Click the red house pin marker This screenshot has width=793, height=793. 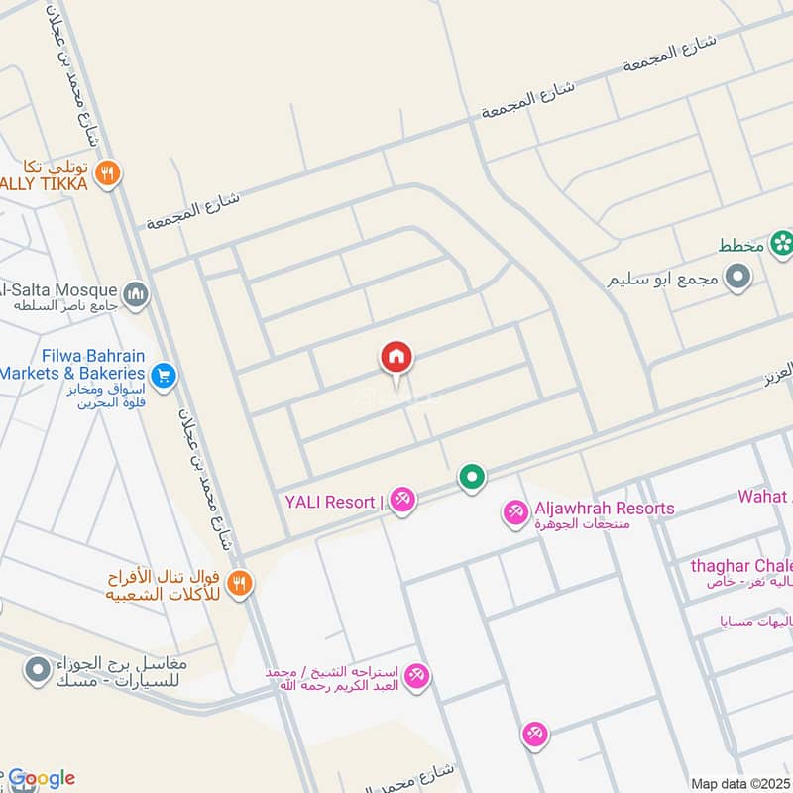tap(396, 357)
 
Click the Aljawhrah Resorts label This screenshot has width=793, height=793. tap(604, 509)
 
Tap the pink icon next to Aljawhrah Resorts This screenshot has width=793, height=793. tap(515, 512)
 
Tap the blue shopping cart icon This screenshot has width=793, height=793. tap(164, 375)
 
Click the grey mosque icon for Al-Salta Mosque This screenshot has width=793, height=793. tap(135, 293)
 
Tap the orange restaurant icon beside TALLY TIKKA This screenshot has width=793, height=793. tap(109, 175)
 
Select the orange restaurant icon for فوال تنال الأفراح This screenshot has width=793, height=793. tap(238, 584)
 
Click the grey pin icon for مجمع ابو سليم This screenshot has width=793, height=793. tap(736, 280)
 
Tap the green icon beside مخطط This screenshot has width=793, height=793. tap(782, 241)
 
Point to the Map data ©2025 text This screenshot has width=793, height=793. tap(741, 783)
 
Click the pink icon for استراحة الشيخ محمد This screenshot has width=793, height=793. tap(416, 676)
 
